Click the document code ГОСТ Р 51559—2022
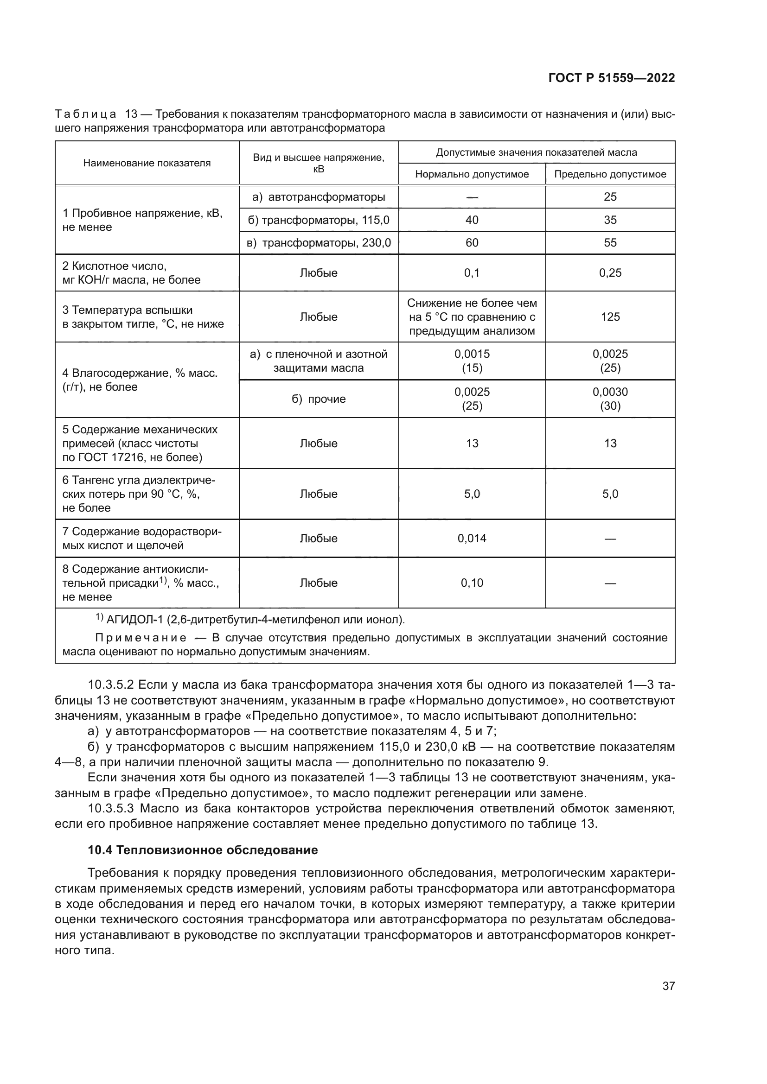[x=612, y=78]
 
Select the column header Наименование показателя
[x=147, y=163]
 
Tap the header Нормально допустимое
[x=472, y=174]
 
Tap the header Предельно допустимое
[x=610, y=174]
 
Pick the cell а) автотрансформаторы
[x=319, y=197]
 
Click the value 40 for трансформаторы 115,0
[x=472, y=220]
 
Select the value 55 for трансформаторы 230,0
[x=610, y=243]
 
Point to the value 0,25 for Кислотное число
[x=610, y=273]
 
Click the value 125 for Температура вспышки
[x=610, y=317]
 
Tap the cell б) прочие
[x=319, y=399]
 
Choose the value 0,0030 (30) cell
[x=610, y=399]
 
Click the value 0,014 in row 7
[x=472, y=538]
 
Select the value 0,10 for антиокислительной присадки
[x=472, y=583]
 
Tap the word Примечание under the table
[x=141, y=638]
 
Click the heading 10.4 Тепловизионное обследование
[x=203, y=850]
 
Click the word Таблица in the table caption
[x=85, y=114]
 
